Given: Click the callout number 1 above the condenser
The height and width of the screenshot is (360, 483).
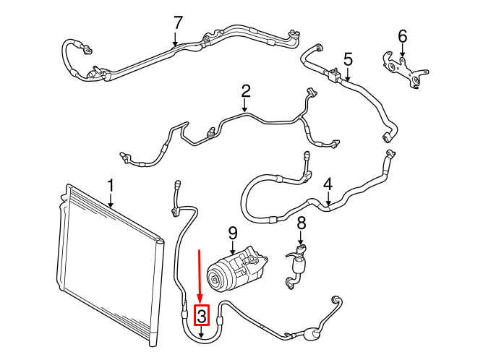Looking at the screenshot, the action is pyautogui.click(x=111, y=186).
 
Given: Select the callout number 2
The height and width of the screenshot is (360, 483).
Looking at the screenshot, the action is pyautogui.click(x=246, y=91).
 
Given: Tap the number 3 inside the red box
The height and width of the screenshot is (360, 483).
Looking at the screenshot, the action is pyautogui.click(x=201, y=315).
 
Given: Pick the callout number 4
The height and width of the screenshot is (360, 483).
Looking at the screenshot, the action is pyautogui.click(x=328, y=184).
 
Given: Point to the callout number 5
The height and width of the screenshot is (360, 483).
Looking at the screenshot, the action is pyautogui.click(x=348, y=59).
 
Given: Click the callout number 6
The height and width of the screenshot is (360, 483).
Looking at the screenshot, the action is pyautogui.click(x=402, y=36).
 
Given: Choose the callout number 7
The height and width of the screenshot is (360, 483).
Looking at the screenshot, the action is pyautogui.click(x=179, y=23).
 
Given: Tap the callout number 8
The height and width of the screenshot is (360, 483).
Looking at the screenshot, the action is pyautogui.click(x=302, y=223).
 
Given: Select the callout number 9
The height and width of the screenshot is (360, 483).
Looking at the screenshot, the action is pyautogui.click(x=233, y=233).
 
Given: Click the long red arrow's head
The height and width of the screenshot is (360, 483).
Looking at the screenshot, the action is pyautogui.click(x=200, y=299).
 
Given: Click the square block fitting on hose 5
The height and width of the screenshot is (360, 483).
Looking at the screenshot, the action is pyautogui.click(x=334, y=74).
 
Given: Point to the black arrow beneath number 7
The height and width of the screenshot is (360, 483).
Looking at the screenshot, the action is pyautogui.click(x=175, y=40).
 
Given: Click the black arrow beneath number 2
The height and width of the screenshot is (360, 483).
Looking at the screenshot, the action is pyautogui.click(x=244, y=106).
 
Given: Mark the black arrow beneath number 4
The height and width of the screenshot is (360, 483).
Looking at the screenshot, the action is pyautogui.click(x=328, y=199).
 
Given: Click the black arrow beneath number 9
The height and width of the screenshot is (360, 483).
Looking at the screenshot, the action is pyautogui.click(x=232, y=247).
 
